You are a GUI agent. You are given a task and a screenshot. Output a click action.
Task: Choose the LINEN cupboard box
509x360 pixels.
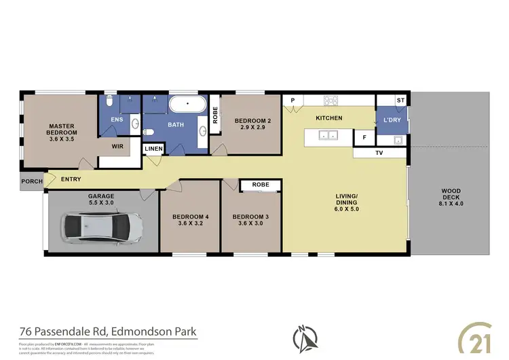(x=153, y=149)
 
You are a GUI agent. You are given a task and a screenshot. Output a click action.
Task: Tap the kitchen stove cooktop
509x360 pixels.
(x=331, y=101)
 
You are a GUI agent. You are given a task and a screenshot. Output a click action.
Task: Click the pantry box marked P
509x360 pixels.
(x=293, y=101)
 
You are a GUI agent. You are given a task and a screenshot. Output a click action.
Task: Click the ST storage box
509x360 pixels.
(x=400, y=101)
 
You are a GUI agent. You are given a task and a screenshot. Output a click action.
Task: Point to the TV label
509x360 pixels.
(x=379, y=154)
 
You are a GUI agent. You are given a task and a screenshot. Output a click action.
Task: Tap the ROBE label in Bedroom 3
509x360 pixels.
(x=261, y=185)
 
